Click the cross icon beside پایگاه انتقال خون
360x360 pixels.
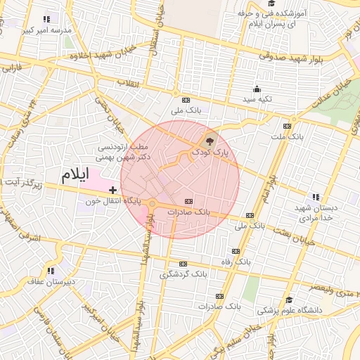112,190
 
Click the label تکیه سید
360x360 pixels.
257,100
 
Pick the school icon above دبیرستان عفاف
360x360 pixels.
51,270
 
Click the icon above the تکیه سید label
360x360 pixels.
257,89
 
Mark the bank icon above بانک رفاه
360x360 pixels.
235,251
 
